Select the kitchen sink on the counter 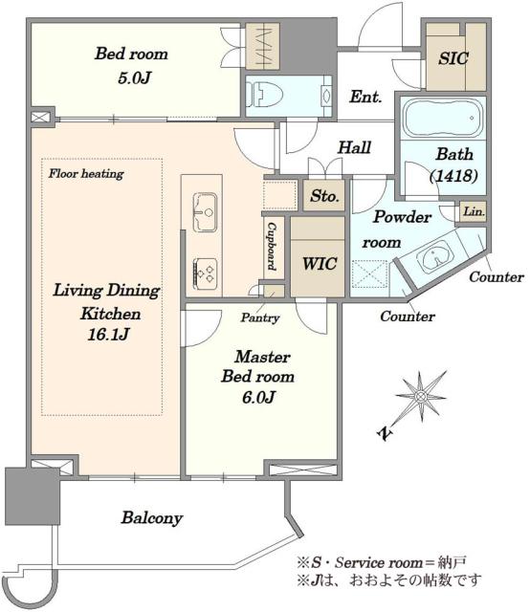(x=205, y=212)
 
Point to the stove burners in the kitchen (x=205, y=274)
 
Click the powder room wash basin (x=434, y=257)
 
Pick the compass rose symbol (x=421, y=397)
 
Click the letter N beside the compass (x=385, y=433)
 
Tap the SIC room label (x=453, y=58)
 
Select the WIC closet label (x=320, y=264)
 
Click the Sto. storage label (x=324, y=196)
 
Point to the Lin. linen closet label (x=474, y=212)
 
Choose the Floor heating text (x=86, y=173)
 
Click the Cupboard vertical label (x=272, y=247)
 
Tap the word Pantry (x=259, y=317)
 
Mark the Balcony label (x=151, y=518)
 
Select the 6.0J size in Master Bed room (x=258, y=398)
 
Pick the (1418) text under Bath (x=453, y=176)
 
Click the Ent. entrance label (x=365, y=97)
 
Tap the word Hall (x=354, y=147)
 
